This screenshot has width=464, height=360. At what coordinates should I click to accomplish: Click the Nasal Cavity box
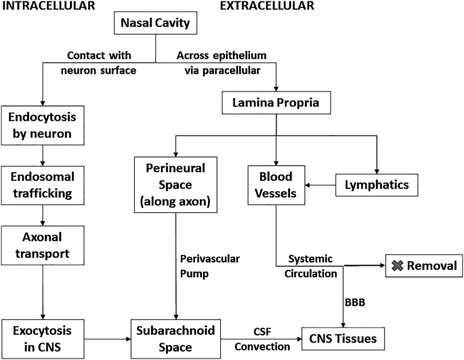pyautogui.click(x=156, y=26)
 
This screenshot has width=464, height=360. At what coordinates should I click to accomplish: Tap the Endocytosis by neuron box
pyautogui.click(x=43, y=124)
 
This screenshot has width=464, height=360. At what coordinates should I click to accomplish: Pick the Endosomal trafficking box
pyautogui.click(x=43, y=184)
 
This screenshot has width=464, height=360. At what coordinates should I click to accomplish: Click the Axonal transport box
pyautogui.click(x=43, y=245)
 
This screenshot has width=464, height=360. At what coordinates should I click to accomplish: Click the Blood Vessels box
pyautogui.click(x=276, y=183)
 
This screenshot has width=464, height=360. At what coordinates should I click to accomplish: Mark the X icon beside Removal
pyautogui.click(x=397, y=266)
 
